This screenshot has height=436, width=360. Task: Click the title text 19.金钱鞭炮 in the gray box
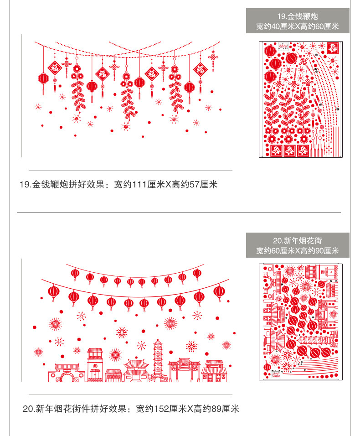[x=297, y=16]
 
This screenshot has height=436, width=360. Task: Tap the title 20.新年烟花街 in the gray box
[x=297, y=240]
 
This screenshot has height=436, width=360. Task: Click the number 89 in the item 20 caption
[x=216, y=409]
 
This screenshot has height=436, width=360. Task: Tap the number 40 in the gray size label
[x=276, y=26]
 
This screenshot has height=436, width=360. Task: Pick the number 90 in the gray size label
[x=319, y=251]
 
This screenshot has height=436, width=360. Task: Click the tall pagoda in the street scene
[x=158, y=360]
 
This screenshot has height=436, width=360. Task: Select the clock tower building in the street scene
[x=95, y=364]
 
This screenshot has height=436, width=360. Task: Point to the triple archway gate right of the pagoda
[x=184, y=370]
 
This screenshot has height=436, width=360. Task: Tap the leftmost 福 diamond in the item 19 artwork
[x=55, y=68]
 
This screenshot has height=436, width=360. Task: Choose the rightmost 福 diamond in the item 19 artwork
[x=200, y=70]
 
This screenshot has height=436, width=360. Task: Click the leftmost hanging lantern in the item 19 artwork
[x=43, y=79]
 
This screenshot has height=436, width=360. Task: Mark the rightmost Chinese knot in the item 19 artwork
[x=213, y=57]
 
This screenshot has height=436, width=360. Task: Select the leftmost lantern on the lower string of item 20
[x=54, y=292]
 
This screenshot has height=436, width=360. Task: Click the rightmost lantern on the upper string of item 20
[x=197, y=274]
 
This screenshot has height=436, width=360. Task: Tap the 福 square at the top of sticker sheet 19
[x=333, y=48]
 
